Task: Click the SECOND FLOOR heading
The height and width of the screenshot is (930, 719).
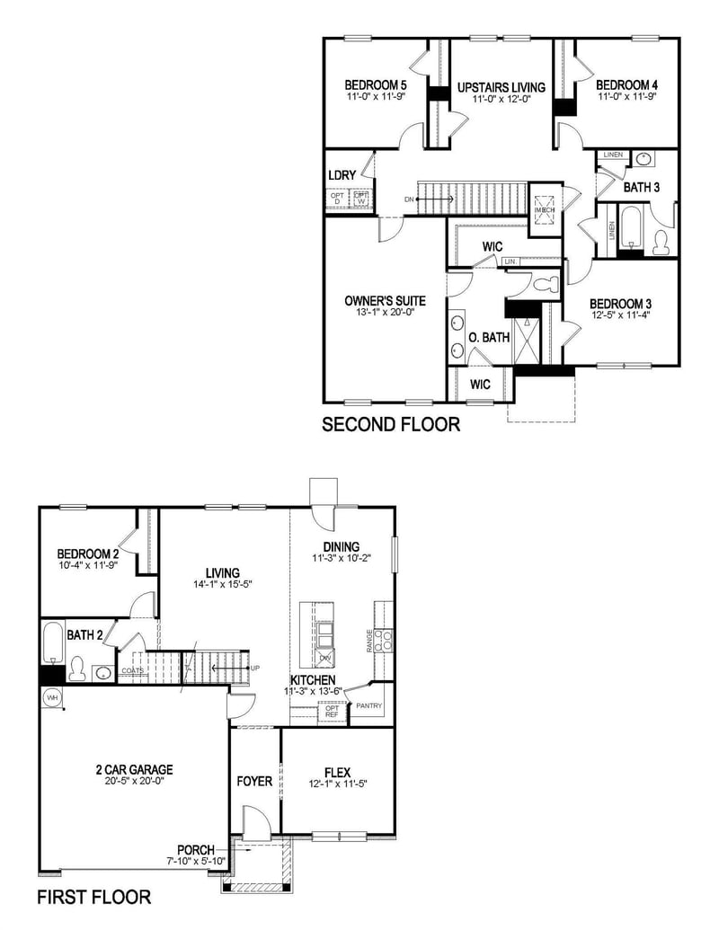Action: coord(391,424)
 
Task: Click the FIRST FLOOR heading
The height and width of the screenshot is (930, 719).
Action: coord(94,897)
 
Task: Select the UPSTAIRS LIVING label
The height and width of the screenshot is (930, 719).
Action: coord(501,86)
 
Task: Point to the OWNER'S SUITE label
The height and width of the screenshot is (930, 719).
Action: coord(385,301)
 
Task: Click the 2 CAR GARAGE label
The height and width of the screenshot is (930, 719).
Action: coord(134,769)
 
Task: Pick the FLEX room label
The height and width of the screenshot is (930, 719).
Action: coord(338,771)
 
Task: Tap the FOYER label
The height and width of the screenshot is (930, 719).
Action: coord(254,781)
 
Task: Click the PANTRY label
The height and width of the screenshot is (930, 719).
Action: coord(368,706)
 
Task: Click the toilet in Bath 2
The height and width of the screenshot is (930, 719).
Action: coord(78,669)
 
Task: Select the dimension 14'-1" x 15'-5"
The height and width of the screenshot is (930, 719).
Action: coord(222,584)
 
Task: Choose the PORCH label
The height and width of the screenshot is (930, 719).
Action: coord(195,850)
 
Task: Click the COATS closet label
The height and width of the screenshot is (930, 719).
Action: coord(133,670)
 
